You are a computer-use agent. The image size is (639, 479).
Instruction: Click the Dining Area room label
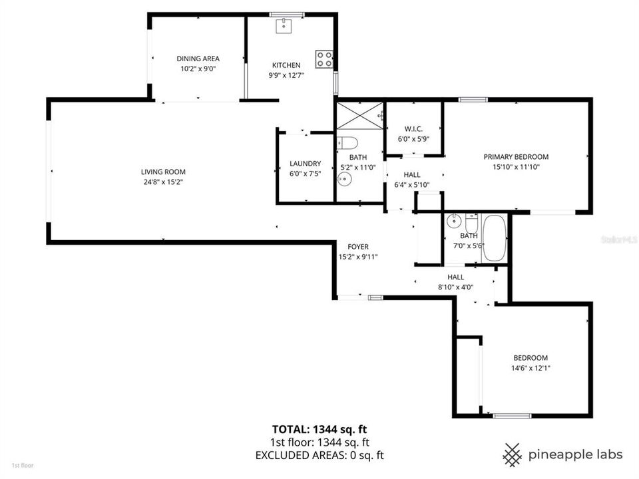(x=198, y=59)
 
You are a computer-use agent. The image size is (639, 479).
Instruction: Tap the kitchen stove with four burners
(x=324, y=59)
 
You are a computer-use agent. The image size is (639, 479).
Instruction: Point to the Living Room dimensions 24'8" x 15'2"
(x=163, y=182)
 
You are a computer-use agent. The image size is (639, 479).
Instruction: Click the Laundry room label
(x=306, y=164)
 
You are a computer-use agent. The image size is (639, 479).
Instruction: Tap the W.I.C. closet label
(x=414, y=129)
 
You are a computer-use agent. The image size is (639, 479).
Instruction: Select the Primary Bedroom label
(x=516, y=157)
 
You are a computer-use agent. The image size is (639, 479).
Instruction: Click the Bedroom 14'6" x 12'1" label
(x=530, y=357)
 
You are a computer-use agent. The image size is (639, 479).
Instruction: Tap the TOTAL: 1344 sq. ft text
(x=319, y=429)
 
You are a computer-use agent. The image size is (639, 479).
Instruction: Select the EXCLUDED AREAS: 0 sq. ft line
(x=319, y=455)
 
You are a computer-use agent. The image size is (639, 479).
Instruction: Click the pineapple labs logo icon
(x=511, y=454)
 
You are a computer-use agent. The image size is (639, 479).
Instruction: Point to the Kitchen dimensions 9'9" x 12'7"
(x=286, y=75)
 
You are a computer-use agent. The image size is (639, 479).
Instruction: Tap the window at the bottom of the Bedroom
(x=512, y=416)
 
